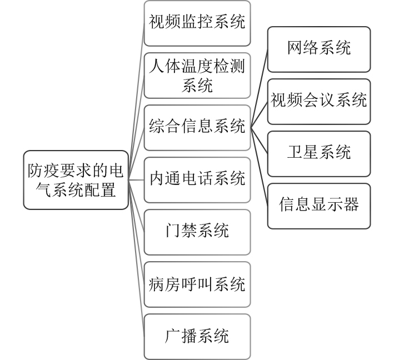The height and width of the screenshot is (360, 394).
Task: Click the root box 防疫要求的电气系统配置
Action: click(77, 179)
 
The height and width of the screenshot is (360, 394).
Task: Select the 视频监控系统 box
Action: click(197, 23)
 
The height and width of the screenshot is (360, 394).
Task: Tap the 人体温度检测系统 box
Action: click(197, 76)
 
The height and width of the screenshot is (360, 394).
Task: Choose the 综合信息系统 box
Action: click(197, 127)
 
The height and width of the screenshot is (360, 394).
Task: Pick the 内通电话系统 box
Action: click(197, 179)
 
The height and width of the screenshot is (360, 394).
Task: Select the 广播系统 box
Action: click(197, 336)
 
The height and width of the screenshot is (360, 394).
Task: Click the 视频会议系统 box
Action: click(319, 101)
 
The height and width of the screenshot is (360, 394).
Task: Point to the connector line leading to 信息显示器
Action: click(260, 166)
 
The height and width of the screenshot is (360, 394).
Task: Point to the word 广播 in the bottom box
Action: click(182, 336)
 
